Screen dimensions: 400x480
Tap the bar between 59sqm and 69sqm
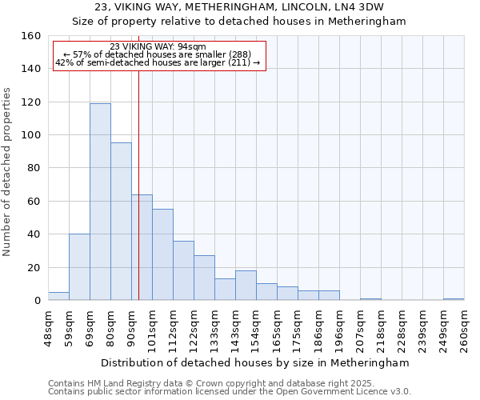[x=79, y=267]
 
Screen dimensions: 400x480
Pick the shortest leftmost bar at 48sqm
[x=58, y=296]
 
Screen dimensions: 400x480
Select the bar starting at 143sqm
[x=246, y=286]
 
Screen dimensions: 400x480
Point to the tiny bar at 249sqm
[x=454, y=299]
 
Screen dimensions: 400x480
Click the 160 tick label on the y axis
[x=30, y=36]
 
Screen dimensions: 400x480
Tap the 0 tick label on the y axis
[x=37, y=301]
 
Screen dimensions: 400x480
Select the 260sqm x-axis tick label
[x=464, y=329]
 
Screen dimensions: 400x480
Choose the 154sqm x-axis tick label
[x=256, y=329]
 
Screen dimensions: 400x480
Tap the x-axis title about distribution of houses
[x=256, y=362]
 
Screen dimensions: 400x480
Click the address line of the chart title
[x=240, y=7]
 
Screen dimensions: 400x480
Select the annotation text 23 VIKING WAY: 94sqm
[x=158, y=47]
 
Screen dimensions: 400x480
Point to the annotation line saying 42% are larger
[x=158, y=62]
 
